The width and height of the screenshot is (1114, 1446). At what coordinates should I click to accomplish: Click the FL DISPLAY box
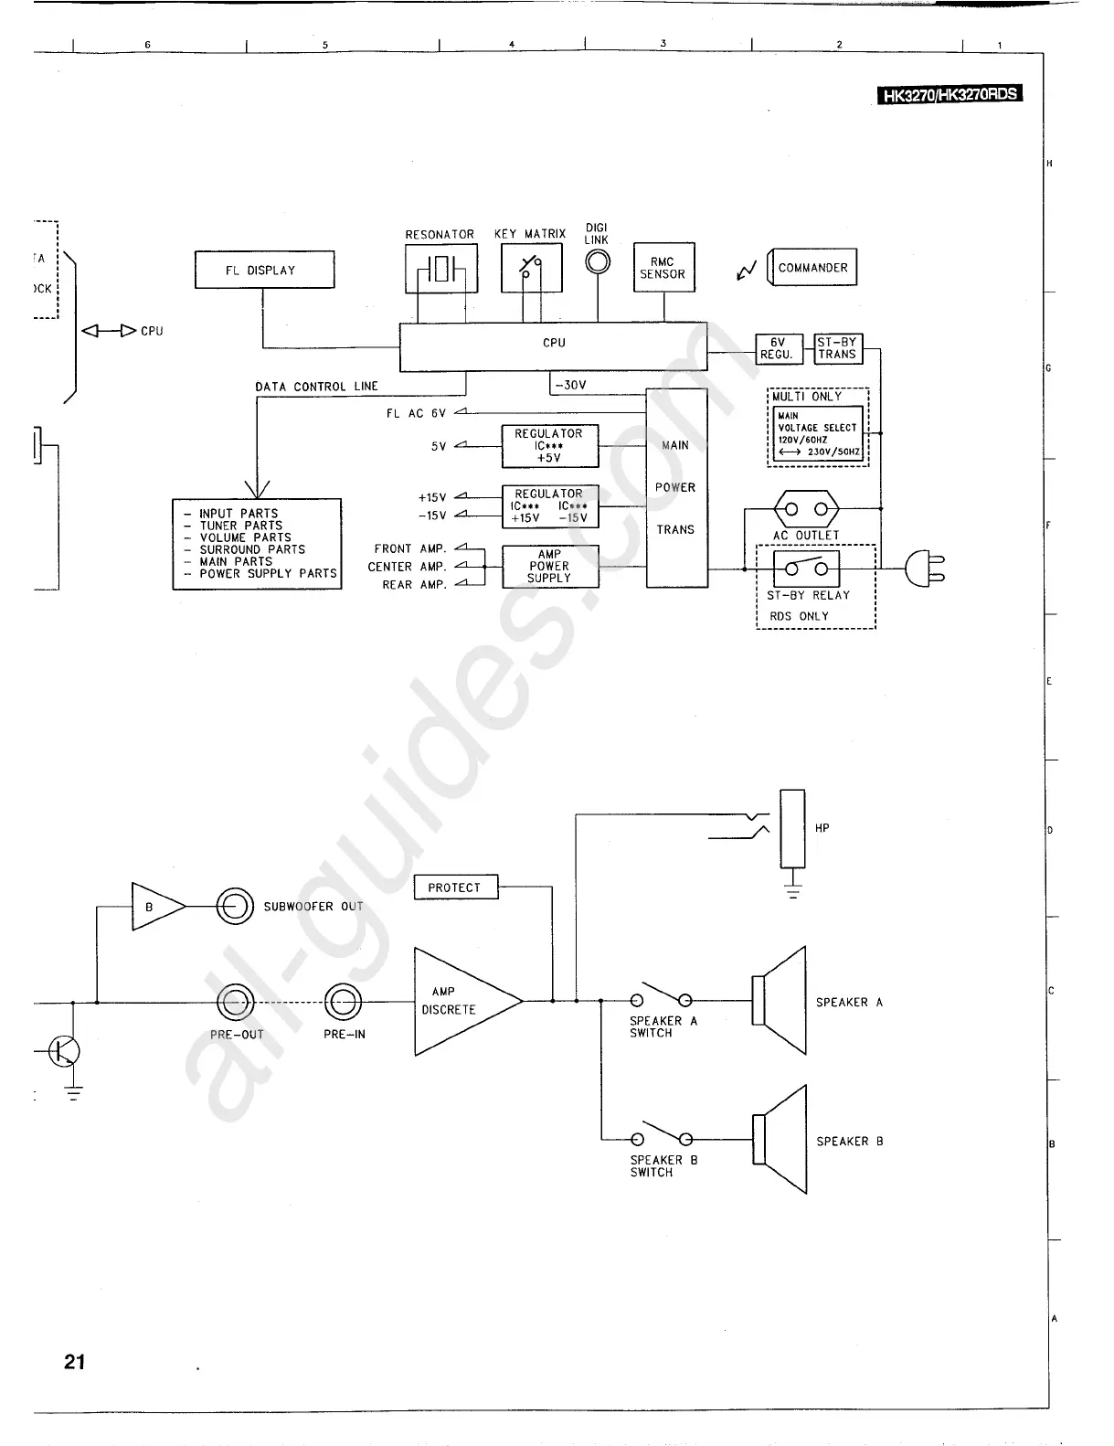click(x=265, y=271)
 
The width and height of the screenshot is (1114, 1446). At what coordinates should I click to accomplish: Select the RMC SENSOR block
click(x=663, y=268)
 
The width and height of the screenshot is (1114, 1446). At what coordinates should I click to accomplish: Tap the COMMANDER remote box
click(x=812, y=268)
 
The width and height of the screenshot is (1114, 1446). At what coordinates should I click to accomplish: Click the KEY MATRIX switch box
click(x=531, y=269)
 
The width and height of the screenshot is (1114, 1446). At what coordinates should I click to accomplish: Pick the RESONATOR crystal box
click(x=440, y=270)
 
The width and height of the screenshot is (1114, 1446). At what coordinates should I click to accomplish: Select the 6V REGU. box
click(x=778, y=348)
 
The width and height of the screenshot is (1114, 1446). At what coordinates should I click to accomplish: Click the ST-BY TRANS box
click(x=837, y=348)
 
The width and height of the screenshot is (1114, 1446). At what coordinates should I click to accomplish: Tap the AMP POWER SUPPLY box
click(x=549, y=567)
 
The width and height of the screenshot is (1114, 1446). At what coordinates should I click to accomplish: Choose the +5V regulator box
click(x=549, y=446)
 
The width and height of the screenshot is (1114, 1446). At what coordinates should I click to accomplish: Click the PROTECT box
click(x=455, y=888)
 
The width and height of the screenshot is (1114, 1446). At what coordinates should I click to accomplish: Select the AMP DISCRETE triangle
click(x=462, y=1001)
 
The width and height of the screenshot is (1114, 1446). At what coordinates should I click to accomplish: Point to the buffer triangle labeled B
click(x=155, y=907)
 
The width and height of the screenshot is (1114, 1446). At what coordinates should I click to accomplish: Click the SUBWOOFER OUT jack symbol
click(x=235, y=907)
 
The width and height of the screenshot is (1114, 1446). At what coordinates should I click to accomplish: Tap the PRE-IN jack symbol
click(x=344, y=1002)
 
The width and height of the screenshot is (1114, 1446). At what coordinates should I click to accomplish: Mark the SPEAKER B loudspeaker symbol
click(x=780, y=1139)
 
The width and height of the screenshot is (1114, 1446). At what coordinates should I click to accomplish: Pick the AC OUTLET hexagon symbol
click(x=806, y=509)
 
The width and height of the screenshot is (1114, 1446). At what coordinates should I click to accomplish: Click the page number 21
click(x=75, y=1362)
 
